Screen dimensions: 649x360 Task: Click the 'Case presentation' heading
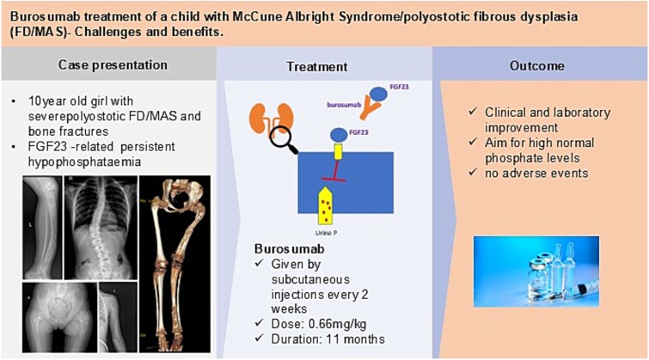point(107,65)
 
